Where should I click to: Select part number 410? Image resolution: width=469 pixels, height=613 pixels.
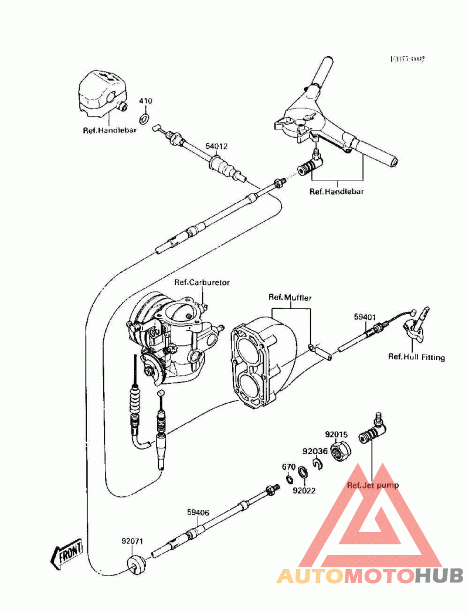(145, 101)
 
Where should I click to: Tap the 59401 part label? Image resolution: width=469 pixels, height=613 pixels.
(364, 317)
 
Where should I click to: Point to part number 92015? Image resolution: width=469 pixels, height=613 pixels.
(337, 434)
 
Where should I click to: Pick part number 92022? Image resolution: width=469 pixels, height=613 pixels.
(305, 491)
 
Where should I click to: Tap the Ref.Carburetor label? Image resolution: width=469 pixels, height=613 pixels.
(202, 282)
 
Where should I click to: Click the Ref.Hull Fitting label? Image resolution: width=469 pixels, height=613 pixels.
(416, 357)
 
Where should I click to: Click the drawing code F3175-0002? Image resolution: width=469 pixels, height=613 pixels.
(408, 60)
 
